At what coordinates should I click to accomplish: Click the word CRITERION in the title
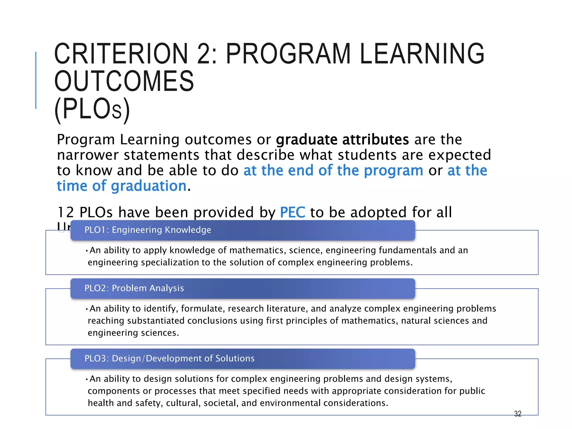(x=121, y=54)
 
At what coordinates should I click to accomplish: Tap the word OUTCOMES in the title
(x=124, y=81)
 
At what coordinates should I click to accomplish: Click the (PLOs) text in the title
(x=92, y=109)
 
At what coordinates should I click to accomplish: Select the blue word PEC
(x=292, y=212)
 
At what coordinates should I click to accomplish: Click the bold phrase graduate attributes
(x=342, y=140)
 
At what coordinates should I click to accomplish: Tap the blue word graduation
(x=149, y=186)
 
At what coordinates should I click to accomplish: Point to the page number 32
(x=518, y=414)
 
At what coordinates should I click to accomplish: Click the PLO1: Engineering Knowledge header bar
(x=242, y=230)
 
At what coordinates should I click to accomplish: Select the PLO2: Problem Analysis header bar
(x=242, y=288)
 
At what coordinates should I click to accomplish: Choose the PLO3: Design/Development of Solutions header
(x=242, y=359)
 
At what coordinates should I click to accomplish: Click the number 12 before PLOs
(x=65, y=212)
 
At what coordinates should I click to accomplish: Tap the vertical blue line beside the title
(x=36, y=80)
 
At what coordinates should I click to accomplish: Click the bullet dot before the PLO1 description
(x=87, y=251)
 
